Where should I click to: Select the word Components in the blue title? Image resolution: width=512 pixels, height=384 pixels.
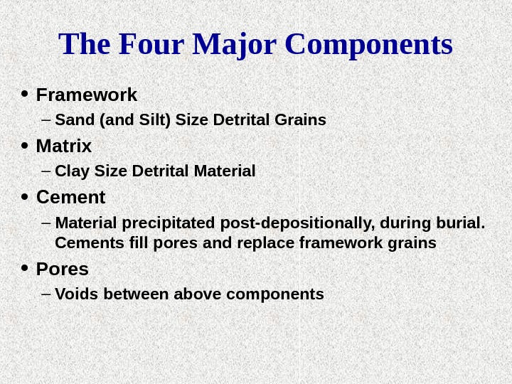[368, 44]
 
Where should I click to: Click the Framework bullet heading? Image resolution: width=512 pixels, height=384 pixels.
[86, 95]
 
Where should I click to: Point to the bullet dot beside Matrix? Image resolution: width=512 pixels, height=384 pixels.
[25, 146]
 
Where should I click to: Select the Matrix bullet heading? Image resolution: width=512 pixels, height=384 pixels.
[64, 146]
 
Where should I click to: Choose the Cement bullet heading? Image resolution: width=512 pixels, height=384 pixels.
[70, 197]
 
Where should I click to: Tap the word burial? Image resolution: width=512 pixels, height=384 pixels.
[462, 223]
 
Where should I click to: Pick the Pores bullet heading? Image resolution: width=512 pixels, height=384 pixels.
[63, 270]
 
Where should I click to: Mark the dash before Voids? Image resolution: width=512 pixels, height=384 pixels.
[47, 294]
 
